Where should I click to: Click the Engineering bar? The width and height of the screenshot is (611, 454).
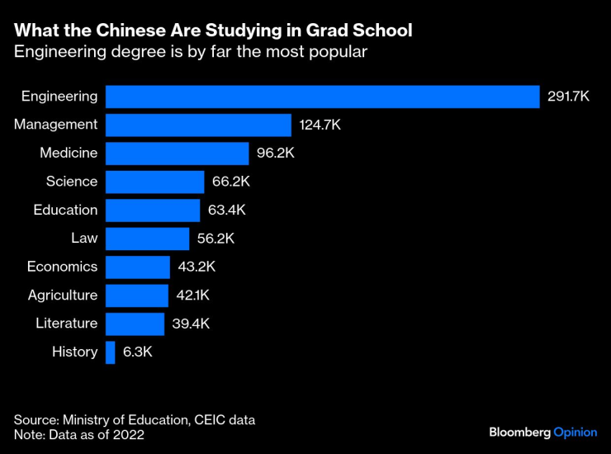coord(322,97)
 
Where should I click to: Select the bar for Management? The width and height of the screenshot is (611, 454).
coord(198,125)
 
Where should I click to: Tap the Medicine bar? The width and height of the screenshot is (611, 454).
coord(177,154)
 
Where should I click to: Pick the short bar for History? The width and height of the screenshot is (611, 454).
coord(111,352)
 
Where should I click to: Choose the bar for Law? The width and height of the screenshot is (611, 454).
coord(147,239)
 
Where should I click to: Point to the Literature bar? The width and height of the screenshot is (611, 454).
coord(135,324)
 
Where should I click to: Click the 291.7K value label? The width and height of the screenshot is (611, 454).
coord(568,97)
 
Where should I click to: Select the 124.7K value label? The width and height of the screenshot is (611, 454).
coord(320,125)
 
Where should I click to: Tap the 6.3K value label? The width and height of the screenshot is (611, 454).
coord(138,352)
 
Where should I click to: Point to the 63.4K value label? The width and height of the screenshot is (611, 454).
coord(227,210)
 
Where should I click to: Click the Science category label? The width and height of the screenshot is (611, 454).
coord(72,182)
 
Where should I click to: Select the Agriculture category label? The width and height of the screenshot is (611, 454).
coord(62,295)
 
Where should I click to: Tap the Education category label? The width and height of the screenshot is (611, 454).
coord(65,210)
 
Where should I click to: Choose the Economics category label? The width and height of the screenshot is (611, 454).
coord(62,267)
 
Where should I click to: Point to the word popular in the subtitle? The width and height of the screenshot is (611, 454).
coord(339,52)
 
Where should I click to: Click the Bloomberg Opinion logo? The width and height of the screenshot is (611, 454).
coord(542,432)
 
